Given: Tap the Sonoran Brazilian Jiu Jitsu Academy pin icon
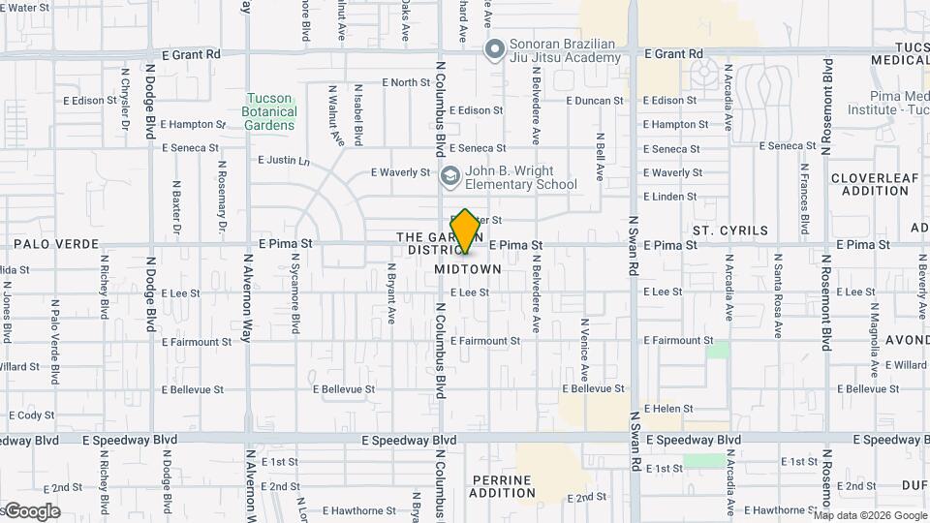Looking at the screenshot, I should (495, 46).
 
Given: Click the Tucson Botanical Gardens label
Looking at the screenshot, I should (269, 111).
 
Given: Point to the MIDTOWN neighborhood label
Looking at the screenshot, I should (468, 268).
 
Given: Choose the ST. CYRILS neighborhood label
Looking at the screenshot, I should (730, 231).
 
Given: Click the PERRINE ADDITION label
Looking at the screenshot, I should (503, 486).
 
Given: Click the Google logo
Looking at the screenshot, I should (31, 511).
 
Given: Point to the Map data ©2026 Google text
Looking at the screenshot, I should (870, 515).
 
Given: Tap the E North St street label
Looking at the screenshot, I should (406, 82).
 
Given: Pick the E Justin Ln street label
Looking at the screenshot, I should (284, 160).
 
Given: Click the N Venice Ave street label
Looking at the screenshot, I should (584, 350).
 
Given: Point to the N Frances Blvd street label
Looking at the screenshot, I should (804, 200).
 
